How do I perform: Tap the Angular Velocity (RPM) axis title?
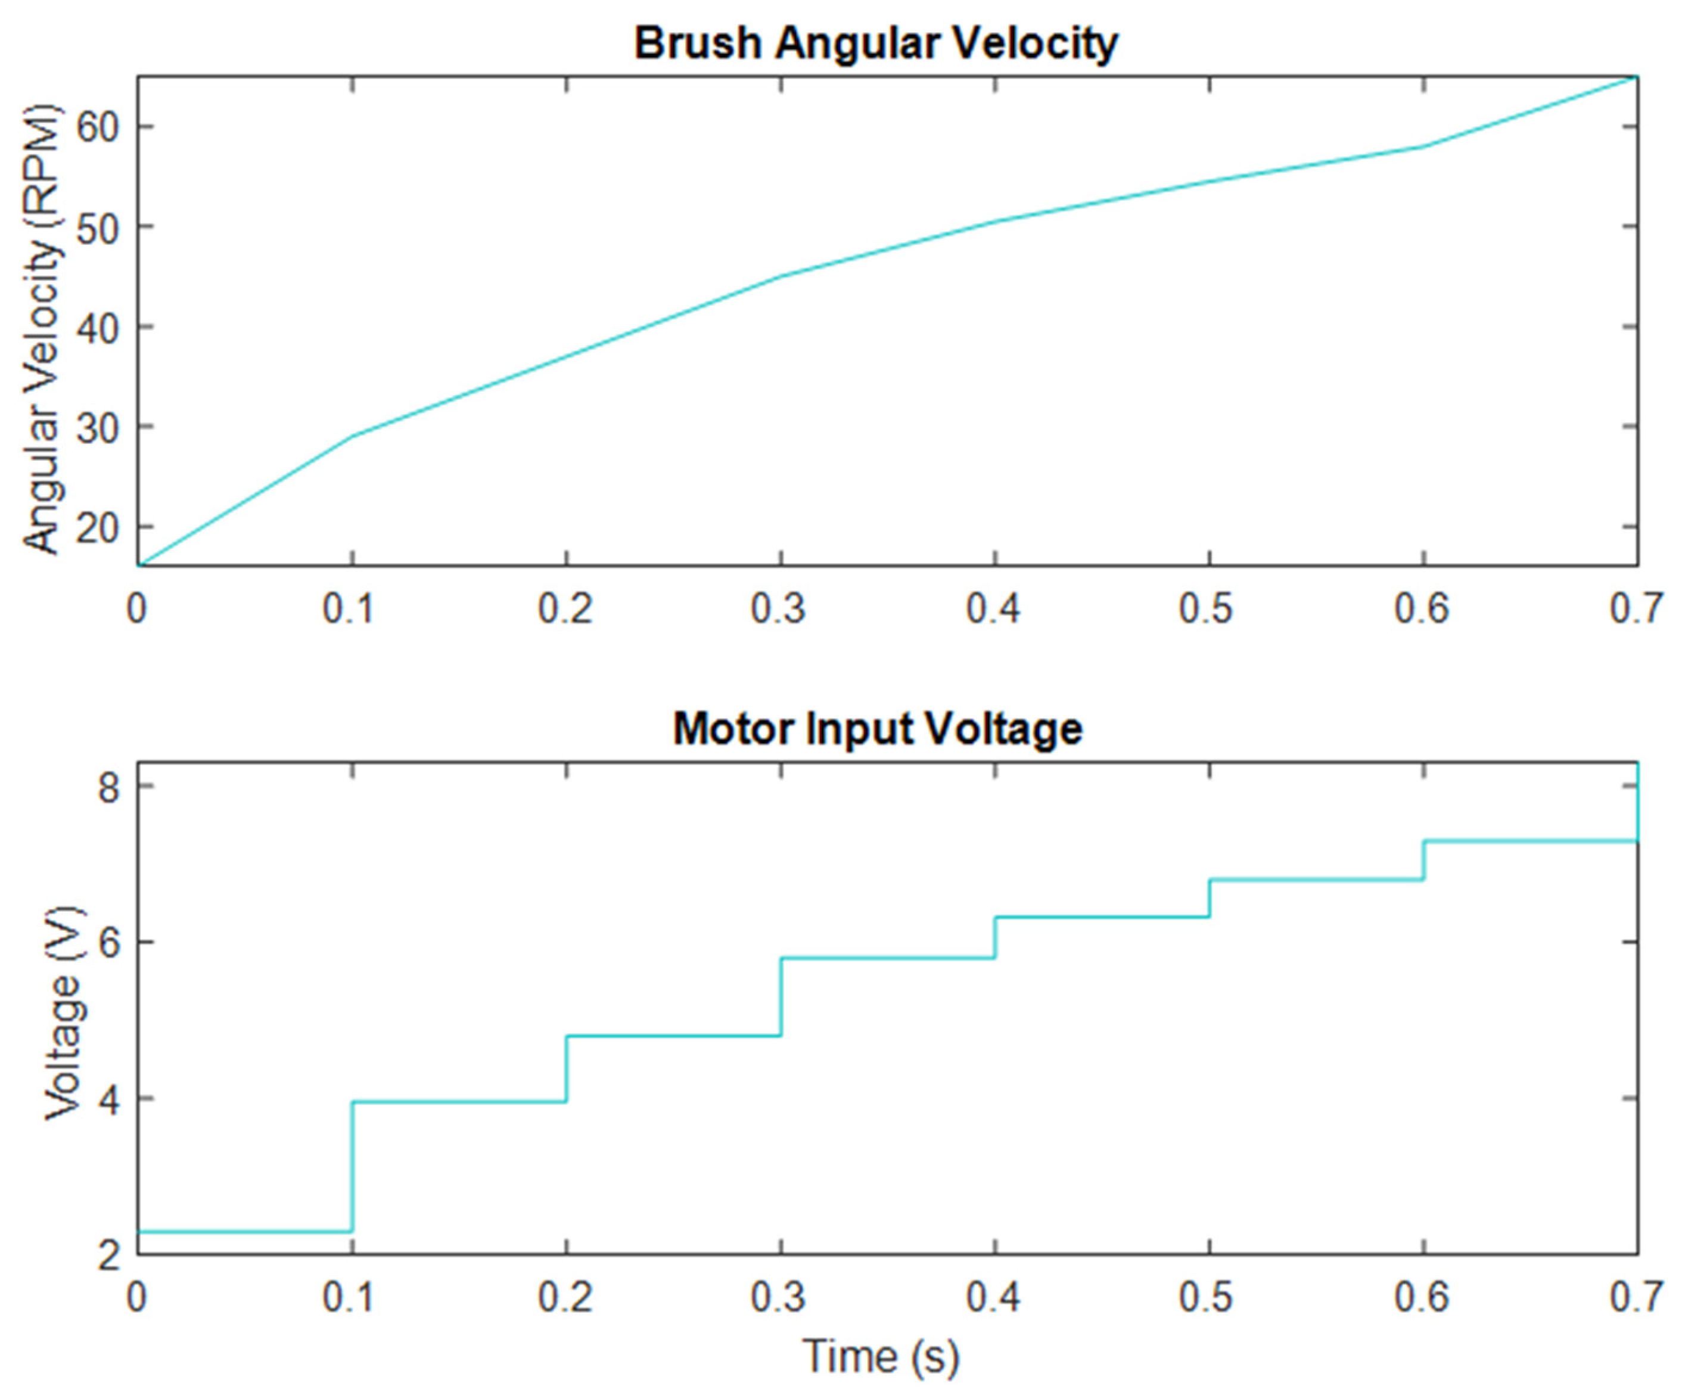click(42, 329)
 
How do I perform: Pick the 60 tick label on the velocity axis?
click(97, 126)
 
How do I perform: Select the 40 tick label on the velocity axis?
click(97, 327)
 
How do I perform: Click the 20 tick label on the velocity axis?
click(97, 527)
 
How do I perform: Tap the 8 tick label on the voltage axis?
click(108, 787)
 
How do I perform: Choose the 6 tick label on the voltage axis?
click(108, 943)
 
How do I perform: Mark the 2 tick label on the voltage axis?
click(108, 1254)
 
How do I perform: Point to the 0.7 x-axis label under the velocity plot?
click(1635, 608)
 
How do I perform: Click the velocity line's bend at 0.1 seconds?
click(352, 436)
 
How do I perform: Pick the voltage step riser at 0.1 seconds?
click(352, 1166)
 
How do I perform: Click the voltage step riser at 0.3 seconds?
click(781, 997)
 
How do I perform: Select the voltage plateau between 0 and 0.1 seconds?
click(245, 1231)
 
